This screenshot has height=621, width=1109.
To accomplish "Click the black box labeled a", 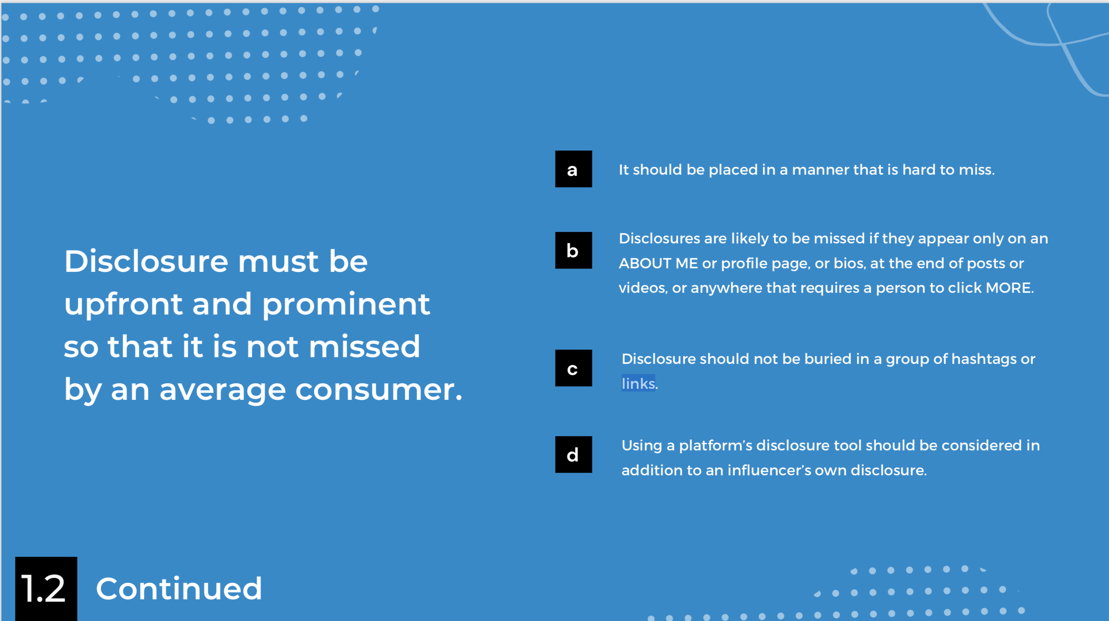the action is click(x=573, y=169).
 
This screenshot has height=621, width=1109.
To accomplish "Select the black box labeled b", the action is click(x=573, y=250).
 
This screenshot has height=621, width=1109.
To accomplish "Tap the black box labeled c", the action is click(x=573, y=368).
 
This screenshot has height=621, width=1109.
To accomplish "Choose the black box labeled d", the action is click(x=573, y=454).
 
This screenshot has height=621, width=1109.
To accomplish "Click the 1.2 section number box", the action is click(x=46, y=589).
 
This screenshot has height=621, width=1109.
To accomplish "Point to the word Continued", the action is click(x=179, y=588).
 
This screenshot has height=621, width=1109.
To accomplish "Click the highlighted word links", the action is click(x=638, y=383).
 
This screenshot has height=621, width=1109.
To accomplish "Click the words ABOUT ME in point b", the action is click(x=658, y=263).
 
